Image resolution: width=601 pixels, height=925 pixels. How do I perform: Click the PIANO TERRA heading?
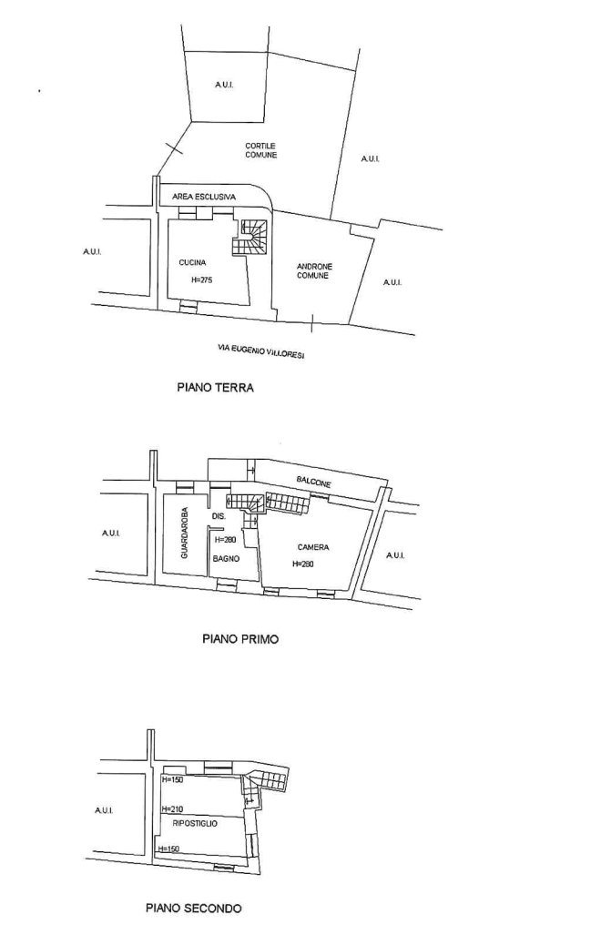(215, 388)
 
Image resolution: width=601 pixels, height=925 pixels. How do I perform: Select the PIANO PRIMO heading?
(240, 638)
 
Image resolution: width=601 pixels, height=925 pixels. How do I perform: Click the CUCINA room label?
(192, 262)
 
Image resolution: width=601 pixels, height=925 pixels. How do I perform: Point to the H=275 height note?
(202, 280)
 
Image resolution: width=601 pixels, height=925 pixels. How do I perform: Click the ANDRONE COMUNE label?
(314, 270)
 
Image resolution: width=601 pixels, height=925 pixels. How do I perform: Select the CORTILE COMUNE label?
(261, 150)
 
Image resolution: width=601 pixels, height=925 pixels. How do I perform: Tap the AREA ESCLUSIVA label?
(203, 197)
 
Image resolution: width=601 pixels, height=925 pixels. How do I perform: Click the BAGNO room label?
(226, 558)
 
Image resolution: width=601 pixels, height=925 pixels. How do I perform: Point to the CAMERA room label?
(313, 547)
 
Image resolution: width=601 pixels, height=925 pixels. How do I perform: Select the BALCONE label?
(313, 482)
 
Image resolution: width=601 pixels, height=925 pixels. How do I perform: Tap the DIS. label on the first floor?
(219, 516)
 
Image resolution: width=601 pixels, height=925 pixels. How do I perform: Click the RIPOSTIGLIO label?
(195, 823)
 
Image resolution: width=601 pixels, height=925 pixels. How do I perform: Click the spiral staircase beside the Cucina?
(250, 237)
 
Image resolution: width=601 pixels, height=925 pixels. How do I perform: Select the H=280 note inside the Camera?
(303, 564)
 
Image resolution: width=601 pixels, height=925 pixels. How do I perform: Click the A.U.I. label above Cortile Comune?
(224, 85)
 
